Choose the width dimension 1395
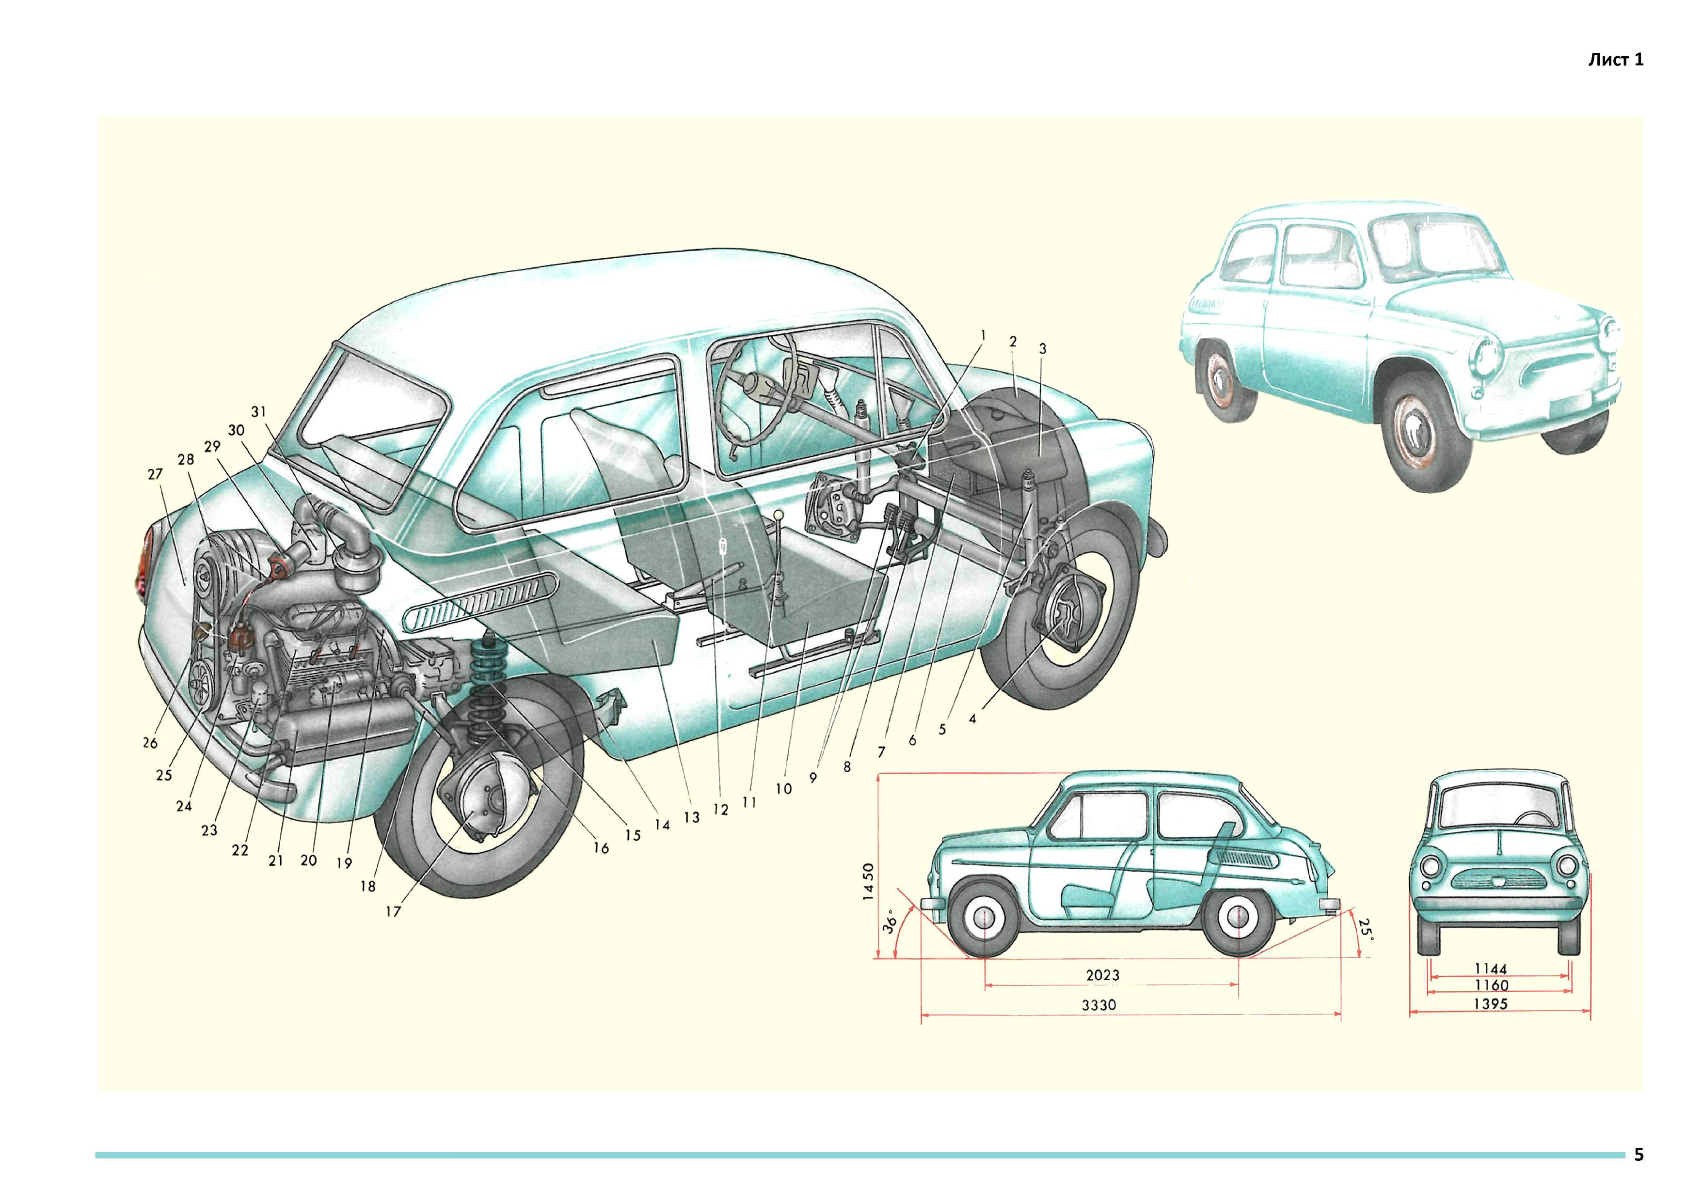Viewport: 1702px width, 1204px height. [1491, 1004]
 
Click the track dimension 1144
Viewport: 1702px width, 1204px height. [1491, 968]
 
